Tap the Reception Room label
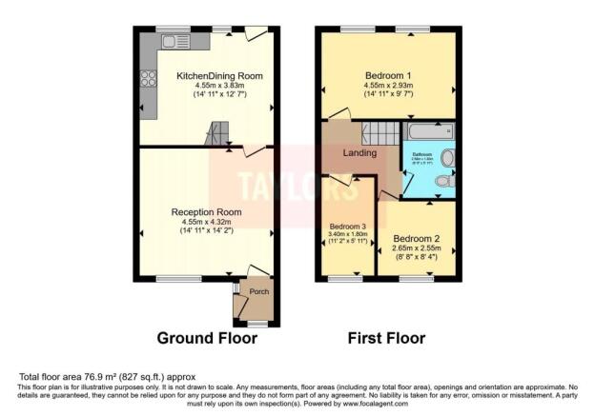(x=207, y=212)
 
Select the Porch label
(x=258, y=292)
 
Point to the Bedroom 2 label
(x=419, y=237)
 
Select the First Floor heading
(x=389, y=338)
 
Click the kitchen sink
(x=174, y=42)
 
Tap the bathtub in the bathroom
(x=430, y=131)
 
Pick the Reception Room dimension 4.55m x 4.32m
(x=206, y=223)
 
